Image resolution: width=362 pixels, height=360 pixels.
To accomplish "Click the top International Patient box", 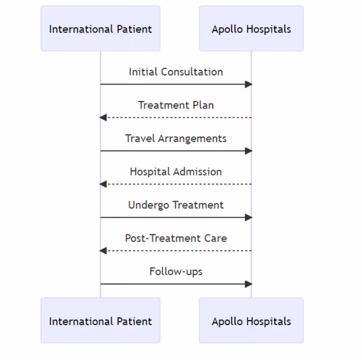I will pyautogui.click(x=100, y=29).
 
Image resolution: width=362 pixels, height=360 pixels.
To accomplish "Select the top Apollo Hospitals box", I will pyautogui.click(x=251, y=29).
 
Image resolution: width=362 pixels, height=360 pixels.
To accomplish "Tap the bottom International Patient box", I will pyautogui.click(x=100, y=321).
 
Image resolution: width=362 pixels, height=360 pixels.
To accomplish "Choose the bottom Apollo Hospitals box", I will pyautogui.click(x=251, y=321).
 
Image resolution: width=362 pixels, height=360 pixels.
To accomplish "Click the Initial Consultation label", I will pyautogui.click(x=176, y=72).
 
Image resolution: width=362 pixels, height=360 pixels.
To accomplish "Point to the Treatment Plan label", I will pyautogui.click(x=176, y=105).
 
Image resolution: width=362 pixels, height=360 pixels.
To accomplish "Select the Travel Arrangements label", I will pyautogui.click(x=176, y=139).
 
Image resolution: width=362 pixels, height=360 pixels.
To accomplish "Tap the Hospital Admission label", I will pyautogui.click(x=176, y=172).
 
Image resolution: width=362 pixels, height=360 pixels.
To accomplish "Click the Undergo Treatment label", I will pyautogui.click(x=176, y=205).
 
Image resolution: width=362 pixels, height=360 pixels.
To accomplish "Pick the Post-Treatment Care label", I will pyautogui.click(x=176, y=238).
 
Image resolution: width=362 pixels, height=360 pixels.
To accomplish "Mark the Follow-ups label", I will pyautogui.click(x=176, y=272).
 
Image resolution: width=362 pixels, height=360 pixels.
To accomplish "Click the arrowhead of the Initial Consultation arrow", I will pyautogui.click(x=249, y=84).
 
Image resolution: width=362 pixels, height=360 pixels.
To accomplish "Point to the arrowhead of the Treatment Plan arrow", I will pyautogui.click(x=102, y=117).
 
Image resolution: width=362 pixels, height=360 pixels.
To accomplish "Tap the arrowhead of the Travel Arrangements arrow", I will pyautogui.click(x=249, y=151).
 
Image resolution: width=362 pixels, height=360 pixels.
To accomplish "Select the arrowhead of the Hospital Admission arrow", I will pyautogui.click(x=102, y=184).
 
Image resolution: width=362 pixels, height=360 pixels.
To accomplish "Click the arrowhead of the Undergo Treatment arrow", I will pyautogui.click(x=249, y=217).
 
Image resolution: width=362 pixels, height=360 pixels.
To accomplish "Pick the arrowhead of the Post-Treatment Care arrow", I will pyautogui.click(x=102, y=251).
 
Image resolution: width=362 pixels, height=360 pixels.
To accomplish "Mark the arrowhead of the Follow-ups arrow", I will pyautogui.click(x=249, y=284).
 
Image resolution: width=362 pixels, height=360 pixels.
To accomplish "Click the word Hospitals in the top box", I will pyautogui.click(x=269, y=29).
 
